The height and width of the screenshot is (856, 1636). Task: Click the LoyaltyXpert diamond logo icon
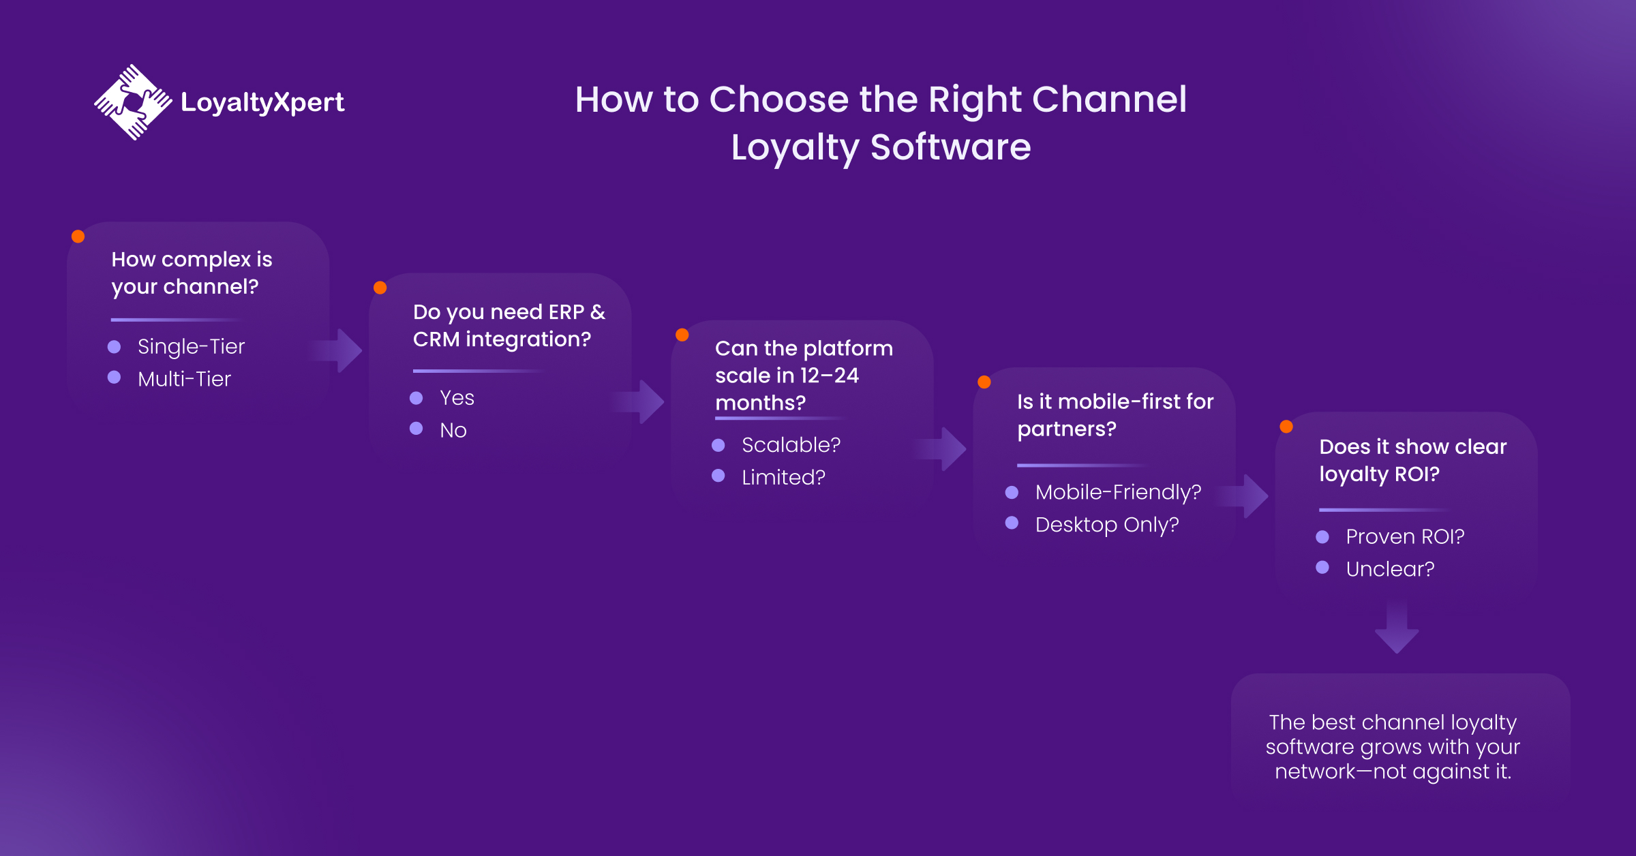coord(133,102)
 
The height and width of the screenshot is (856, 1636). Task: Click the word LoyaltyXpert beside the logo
coord(262,102)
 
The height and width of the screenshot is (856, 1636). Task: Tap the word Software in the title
coord(950,147)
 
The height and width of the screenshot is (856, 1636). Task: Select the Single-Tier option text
coord(191,347)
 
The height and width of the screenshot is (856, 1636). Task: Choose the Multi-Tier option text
coord(184,379)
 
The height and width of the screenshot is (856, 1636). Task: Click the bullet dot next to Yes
coord(416,398)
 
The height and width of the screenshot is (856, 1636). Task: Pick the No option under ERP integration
coord(453,430)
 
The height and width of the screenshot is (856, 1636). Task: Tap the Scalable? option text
coord(791,445)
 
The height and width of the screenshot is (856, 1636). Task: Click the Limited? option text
coord(783,477)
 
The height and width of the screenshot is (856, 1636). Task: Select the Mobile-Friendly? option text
coord(1118,492)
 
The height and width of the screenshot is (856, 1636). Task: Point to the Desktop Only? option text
coord(1107,525)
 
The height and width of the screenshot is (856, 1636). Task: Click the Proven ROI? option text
coord(1405,537)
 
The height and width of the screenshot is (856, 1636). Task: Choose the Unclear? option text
coord(1390,569)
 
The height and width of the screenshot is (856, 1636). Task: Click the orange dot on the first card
coord(78,236)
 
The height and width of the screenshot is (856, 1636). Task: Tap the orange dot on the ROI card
coord(1286,427)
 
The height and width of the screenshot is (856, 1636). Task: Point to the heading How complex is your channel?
coord(192,273)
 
